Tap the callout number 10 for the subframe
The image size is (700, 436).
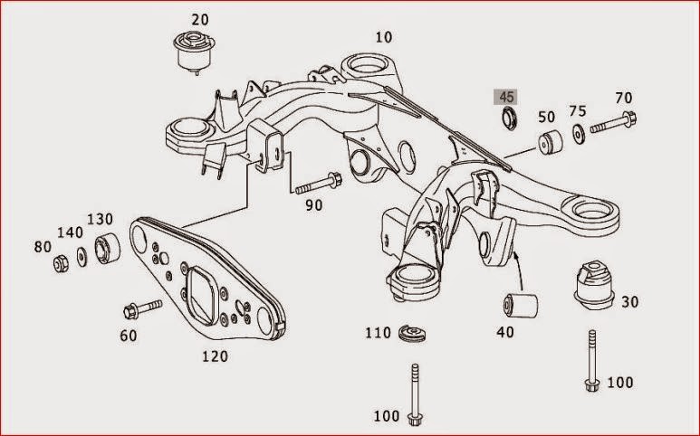click(385, 37)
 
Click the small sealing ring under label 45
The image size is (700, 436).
click(509, 118)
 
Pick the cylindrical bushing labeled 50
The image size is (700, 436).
click(548, 145)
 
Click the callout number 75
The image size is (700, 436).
click(578, 112)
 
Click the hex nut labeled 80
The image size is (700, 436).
click(63, 263)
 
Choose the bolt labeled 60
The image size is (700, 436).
click(140, 309)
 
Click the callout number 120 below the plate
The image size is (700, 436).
click(214, 355)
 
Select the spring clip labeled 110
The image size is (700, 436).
click(412, 335)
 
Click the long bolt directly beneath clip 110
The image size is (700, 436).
click(416, 394)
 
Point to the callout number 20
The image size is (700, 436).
click(198, 19)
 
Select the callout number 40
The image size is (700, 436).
click(504, 332)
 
